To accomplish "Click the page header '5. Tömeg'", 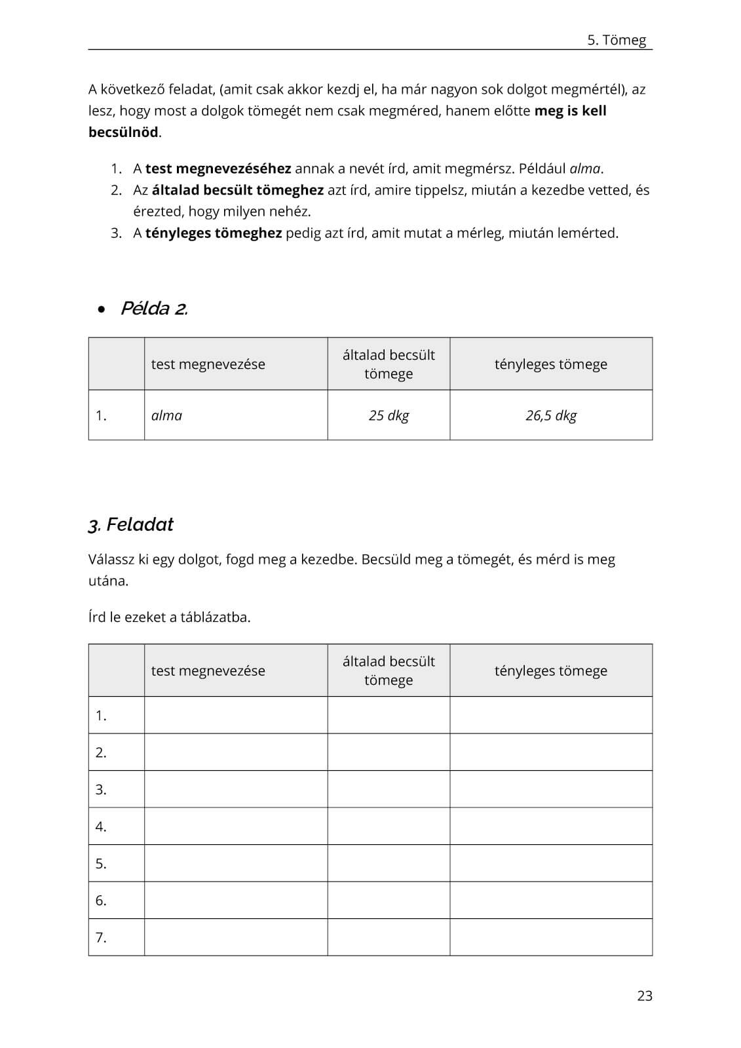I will (x=616, y=40).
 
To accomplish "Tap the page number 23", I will (x=645, y=996).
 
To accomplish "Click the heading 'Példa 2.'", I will (x=154, y=309).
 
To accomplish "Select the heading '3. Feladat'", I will (x=130, y=524).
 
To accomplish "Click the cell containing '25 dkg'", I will (x=389, y=416).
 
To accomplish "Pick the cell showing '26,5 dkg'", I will (x=551, y=416).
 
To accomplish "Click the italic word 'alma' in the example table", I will (x=167, y=416).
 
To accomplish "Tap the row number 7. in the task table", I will (x=101, y=937).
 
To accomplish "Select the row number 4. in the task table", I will (x=101, y=826).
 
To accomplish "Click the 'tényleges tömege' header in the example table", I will (x=551, y=364).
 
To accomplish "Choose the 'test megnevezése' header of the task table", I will (x=208, y=670).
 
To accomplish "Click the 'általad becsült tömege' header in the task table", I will (x=389, y=670).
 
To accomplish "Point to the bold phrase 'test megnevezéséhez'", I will (x=218, y=168).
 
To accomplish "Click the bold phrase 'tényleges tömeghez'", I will (x=214, y=233).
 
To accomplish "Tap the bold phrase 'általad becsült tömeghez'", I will (x=238, y=190).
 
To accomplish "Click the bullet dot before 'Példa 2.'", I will (x=101, y=309).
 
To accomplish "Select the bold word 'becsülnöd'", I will (x=123, y=132).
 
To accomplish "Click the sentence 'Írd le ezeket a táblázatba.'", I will (x=169, y=617).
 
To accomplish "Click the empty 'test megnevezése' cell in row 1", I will (x=236, y=715).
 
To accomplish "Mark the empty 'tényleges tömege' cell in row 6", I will (x=551, y=900).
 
